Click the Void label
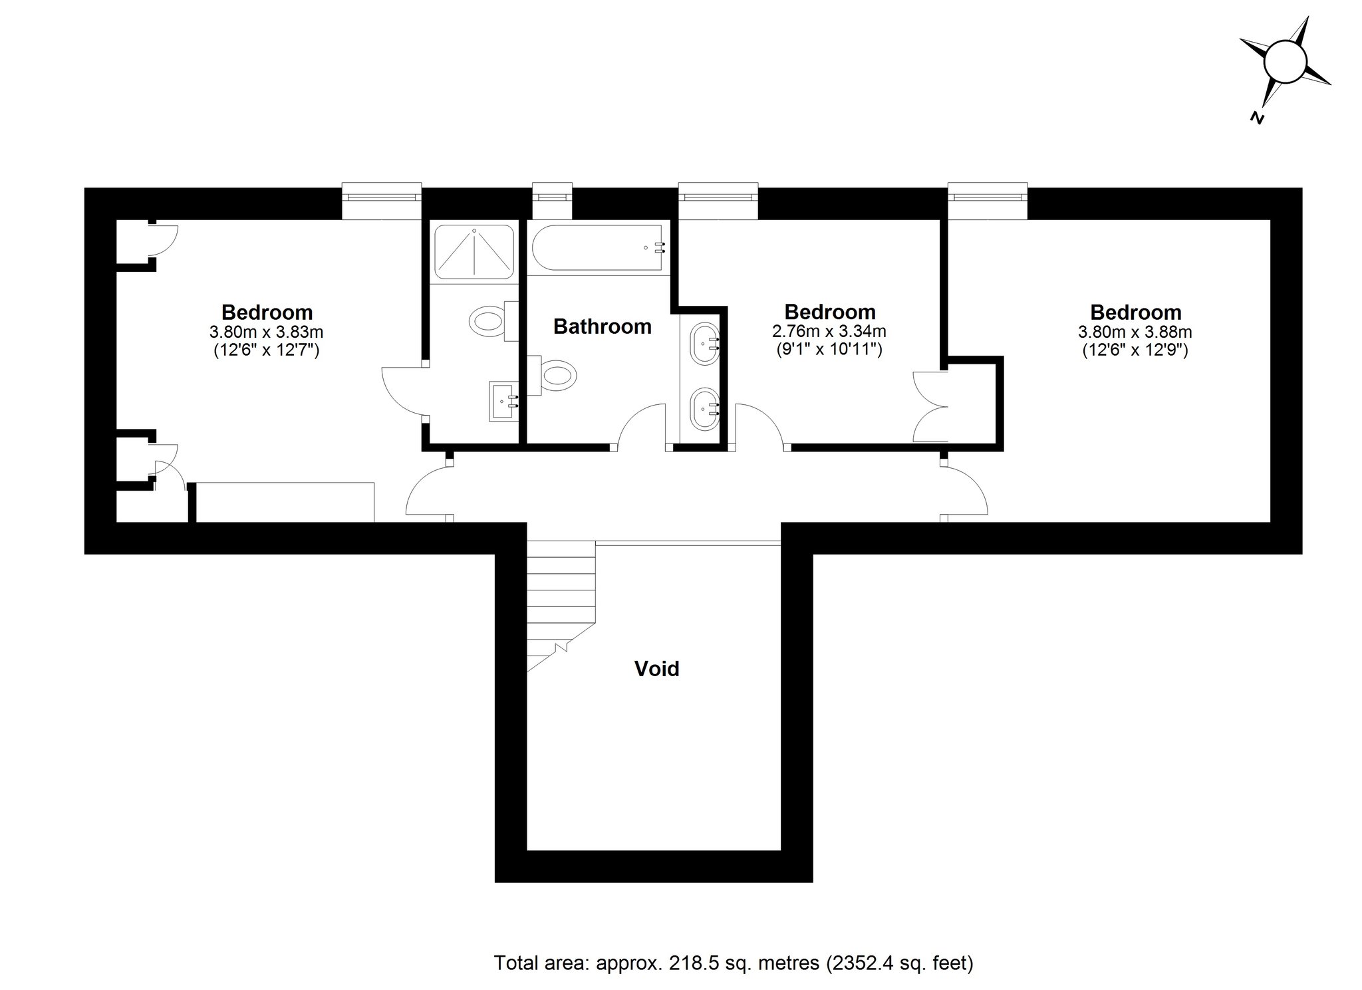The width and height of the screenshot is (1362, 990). (656, 668)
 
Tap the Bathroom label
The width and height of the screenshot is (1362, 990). (602, 326)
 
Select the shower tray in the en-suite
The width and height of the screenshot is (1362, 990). (474, 251)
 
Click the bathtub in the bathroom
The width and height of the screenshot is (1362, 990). (599, 248)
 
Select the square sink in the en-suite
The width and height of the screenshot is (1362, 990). (503, 401)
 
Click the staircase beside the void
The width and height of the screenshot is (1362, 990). (559, 598)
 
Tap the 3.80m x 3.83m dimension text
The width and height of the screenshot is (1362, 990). (267, 331)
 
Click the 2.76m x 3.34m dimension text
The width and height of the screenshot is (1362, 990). (829, 331)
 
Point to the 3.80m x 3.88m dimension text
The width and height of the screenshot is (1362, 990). (1135, 331)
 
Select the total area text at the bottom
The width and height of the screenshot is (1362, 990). (734, 962)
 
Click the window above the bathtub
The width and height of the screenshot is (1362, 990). (552, 197)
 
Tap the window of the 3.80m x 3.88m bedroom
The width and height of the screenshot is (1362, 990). (988, 197)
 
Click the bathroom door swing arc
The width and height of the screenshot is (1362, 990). (642, 426)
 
